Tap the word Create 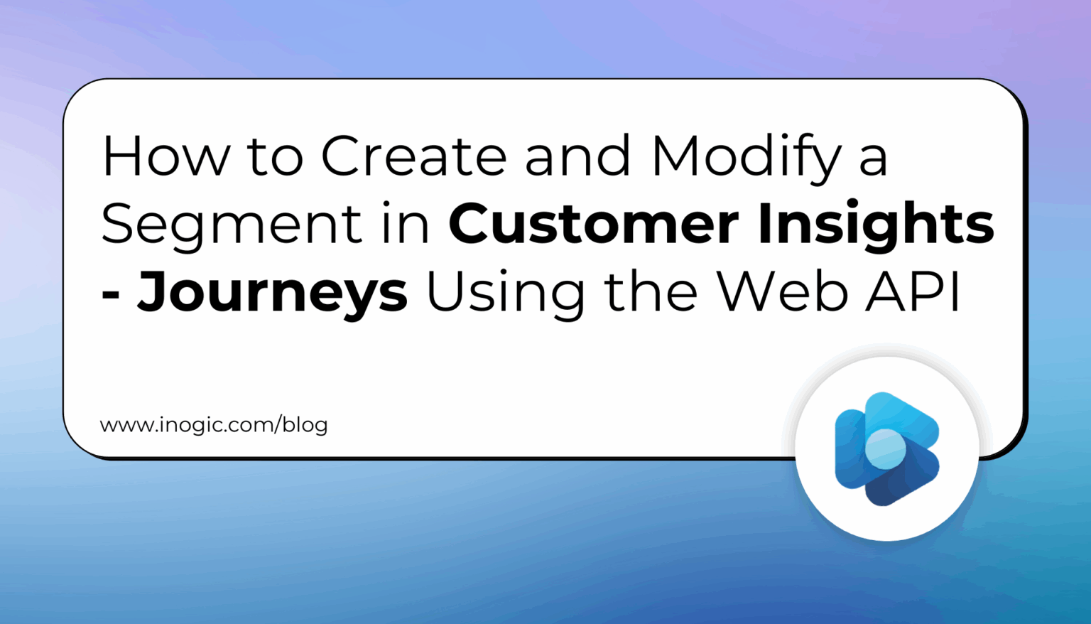[x=413, y=156]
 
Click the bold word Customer [x=594, y=224]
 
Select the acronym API [x=913, y=291]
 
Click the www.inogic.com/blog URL [x=214, y=425]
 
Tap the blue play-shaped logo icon [x=887, y=448]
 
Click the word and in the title [x=577, y=156]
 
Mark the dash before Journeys [x=110, y=294]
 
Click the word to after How [x=275, y=157]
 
